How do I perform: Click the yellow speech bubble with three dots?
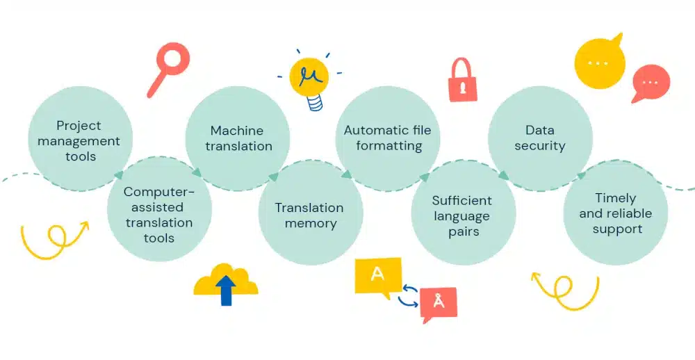(599, 63)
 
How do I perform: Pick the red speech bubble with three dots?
(651, 82)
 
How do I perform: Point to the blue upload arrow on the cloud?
(226, 288)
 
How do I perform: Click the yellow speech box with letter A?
(377, 275)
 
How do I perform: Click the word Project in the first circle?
(79, 126)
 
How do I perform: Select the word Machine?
(237, 131)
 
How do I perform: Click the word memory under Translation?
(310, 224)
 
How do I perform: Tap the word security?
(540, 146)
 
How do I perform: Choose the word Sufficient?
(461, 201)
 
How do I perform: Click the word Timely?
(615, 198)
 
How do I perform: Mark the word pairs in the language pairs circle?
(463, 231)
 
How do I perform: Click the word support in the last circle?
(616, 229)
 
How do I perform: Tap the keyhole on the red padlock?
(463, 88)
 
